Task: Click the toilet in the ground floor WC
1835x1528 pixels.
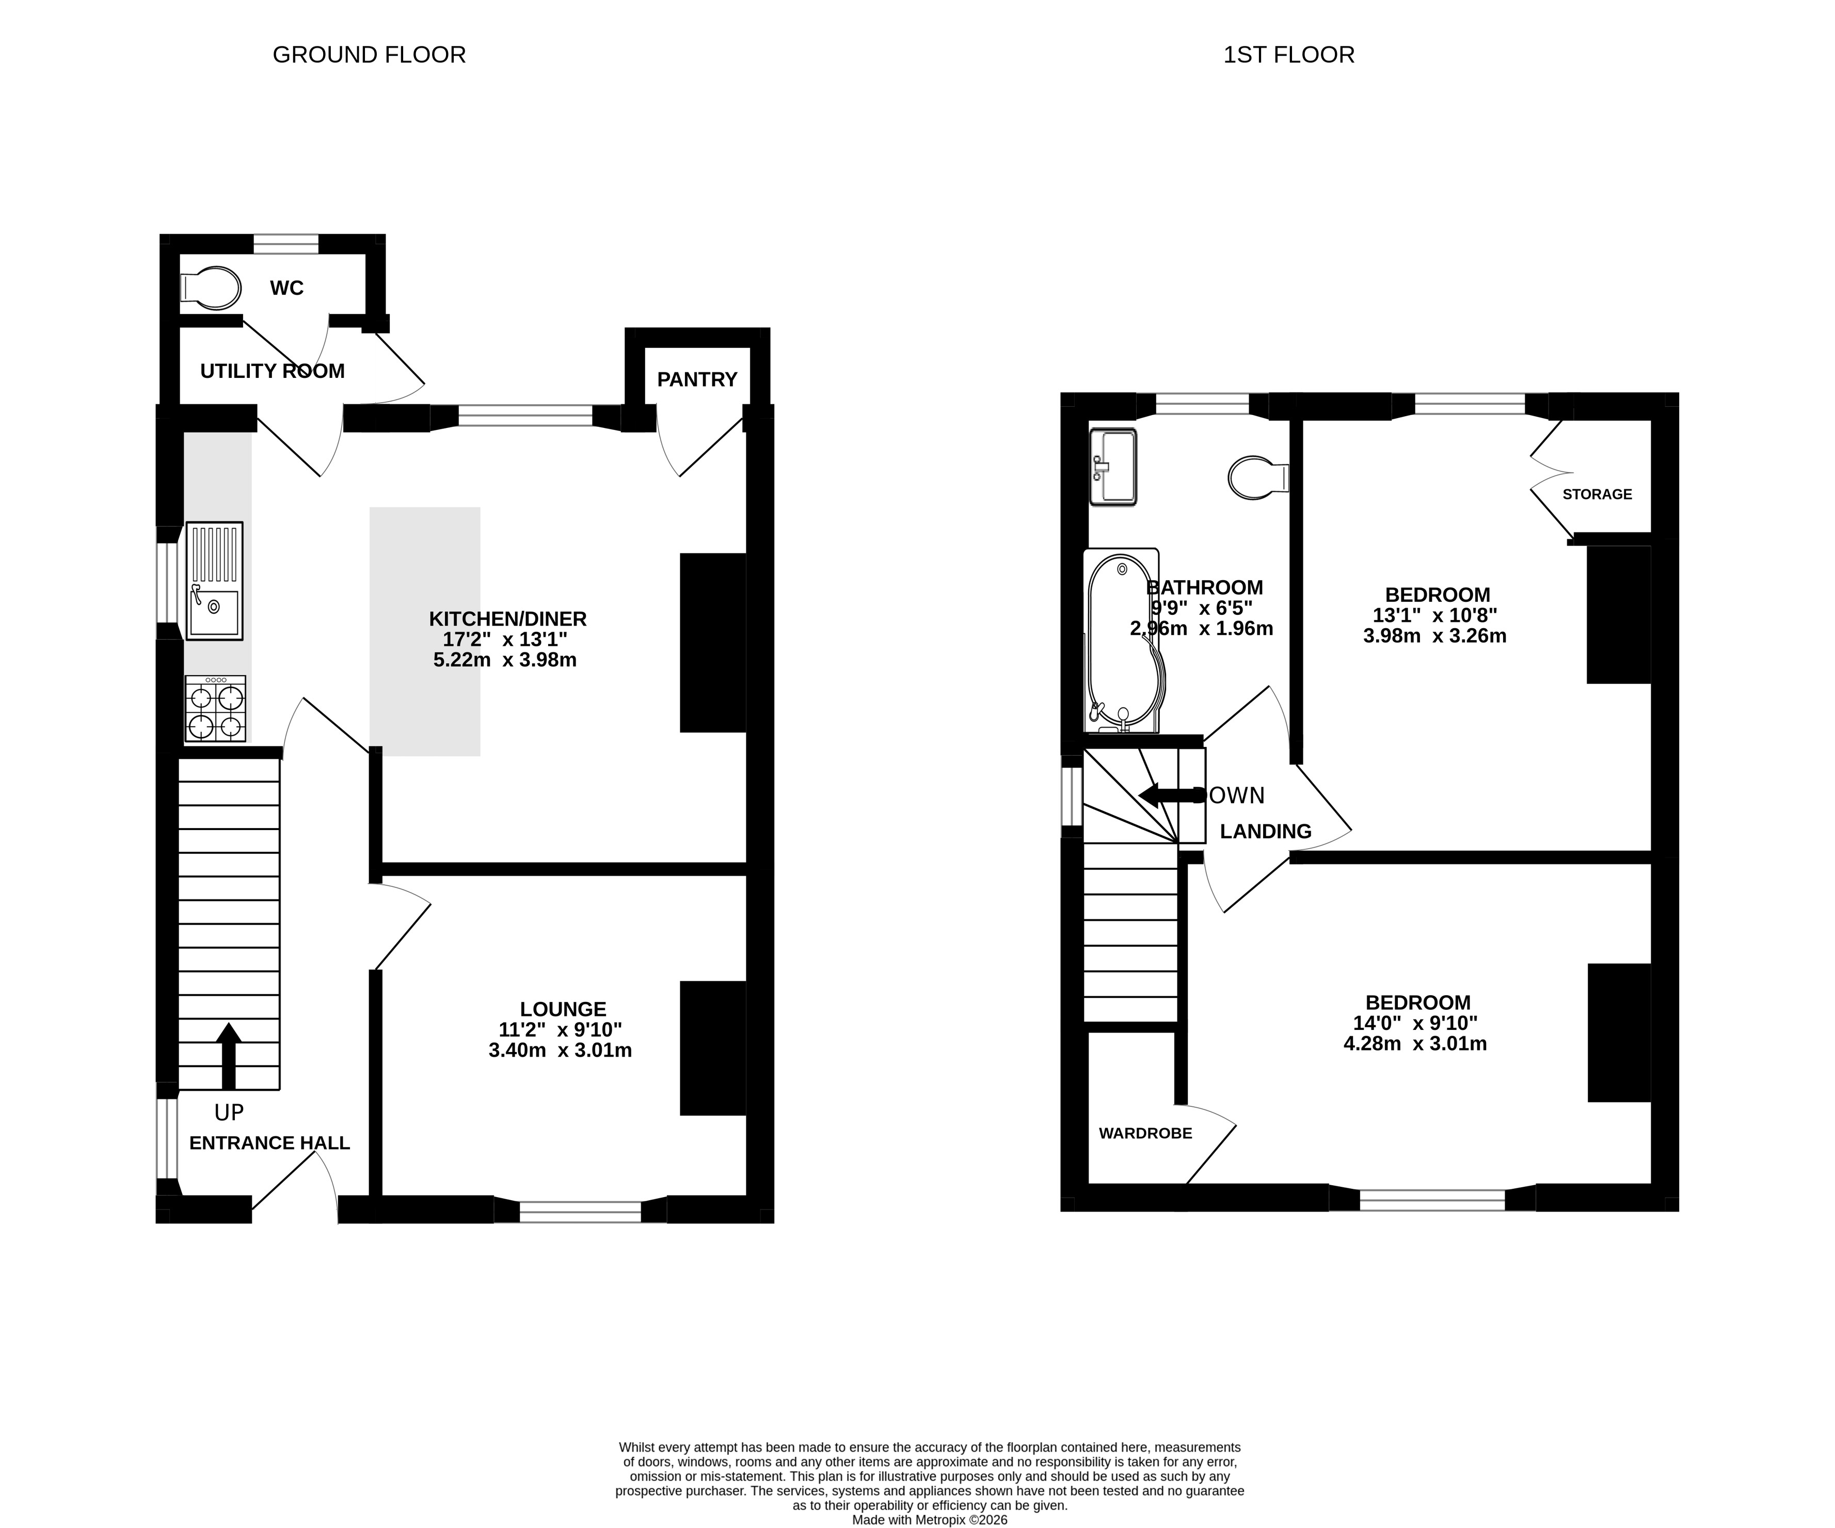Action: tap(211, 288)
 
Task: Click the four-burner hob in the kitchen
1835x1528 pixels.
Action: tap(215, 709)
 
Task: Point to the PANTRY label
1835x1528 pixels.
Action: tap(697, 379)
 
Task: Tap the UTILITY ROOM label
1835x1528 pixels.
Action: tap(273, 371)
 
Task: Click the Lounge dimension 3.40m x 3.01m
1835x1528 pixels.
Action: tap(560, 1050)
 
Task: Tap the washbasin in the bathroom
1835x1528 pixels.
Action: tap(1113, 467)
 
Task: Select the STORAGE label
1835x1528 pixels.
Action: tap(1598, 495)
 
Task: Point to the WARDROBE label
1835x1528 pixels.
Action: tap(1145, 1133)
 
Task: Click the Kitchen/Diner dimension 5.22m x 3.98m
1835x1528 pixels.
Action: tap(505, 660)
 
